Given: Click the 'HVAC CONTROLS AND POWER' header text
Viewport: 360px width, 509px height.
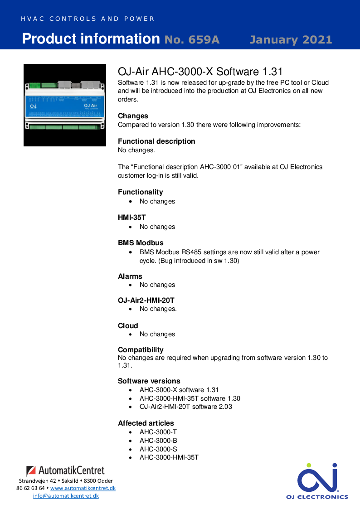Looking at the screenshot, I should pos(88,19).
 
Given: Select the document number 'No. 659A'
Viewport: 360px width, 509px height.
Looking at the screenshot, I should pos(192,40).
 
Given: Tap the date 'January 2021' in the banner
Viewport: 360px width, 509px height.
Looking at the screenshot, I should pos(291,40).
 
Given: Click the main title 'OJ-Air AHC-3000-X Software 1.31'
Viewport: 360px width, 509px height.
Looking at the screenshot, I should pos(200,72).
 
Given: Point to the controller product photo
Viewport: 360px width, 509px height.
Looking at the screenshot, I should pos(64,105).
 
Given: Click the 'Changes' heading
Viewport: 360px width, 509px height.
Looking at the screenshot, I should pos(133,116).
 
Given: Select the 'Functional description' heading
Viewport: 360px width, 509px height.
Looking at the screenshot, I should pos(156,141).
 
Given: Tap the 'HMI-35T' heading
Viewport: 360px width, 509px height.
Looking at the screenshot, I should pos(131,218).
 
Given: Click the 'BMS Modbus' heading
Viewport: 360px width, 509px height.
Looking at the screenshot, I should pos(141,243).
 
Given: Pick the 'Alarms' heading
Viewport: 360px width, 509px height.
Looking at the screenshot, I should pos(130,276).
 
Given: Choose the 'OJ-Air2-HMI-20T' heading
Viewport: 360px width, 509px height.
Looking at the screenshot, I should pos(146,301).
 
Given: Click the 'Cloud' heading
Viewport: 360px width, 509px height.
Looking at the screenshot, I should pos(128,326).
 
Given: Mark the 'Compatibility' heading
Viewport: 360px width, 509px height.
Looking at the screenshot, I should pos(141,350).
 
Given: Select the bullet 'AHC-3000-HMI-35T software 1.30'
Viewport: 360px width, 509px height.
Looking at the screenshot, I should pos(190,398).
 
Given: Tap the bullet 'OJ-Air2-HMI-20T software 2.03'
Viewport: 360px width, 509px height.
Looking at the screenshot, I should pos(185,407).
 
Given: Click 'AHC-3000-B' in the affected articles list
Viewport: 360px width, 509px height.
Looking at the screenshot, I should pos(158,441).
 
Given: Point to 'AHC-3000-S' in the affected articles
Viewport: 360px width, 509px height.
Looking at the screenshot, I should pos(158,449).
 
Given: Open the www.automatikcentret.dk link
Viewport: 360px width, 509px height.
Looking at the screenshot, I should pos(83,488).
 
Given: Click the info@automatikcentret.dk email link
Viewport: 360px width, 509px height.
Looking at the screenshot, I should pos(66,496).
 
